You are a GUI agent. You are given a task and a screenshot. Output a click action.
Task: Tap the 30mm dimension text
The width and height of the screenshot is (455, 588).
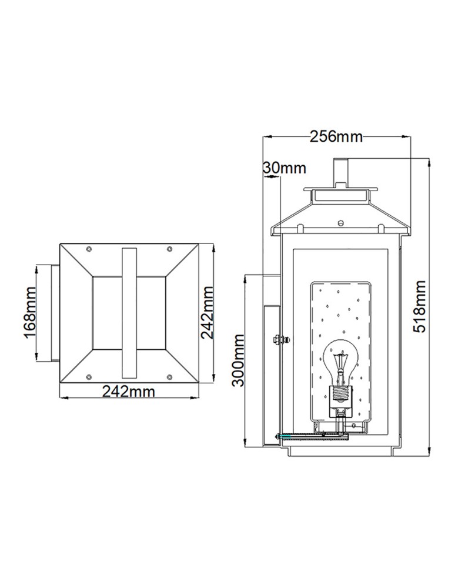tap(285, 168)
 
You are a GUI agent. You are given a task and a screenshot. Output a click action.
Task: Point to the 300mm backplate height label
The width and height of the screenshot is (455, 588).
tap(237, 359)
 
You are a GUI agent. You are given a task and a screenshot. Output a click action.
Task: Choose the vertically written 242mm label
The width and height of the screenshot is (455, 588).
tap(206, 312)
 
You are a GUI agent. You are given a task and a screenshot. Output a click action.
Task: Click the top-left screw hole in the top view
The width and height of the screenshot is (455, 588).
tap(88, 249)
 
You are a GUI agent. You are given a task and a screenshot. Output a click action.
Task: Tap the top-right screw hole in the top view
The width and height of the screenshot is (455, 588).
tap(169, 249)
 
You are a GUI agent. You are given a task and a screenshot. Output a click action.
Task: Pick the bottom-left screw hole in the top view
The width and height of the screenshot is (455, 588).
tap(88, 376)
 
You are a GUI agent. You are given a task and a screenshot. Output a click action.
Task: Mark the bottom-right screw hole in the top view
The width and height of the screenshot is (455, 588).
tap(169, 376)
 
